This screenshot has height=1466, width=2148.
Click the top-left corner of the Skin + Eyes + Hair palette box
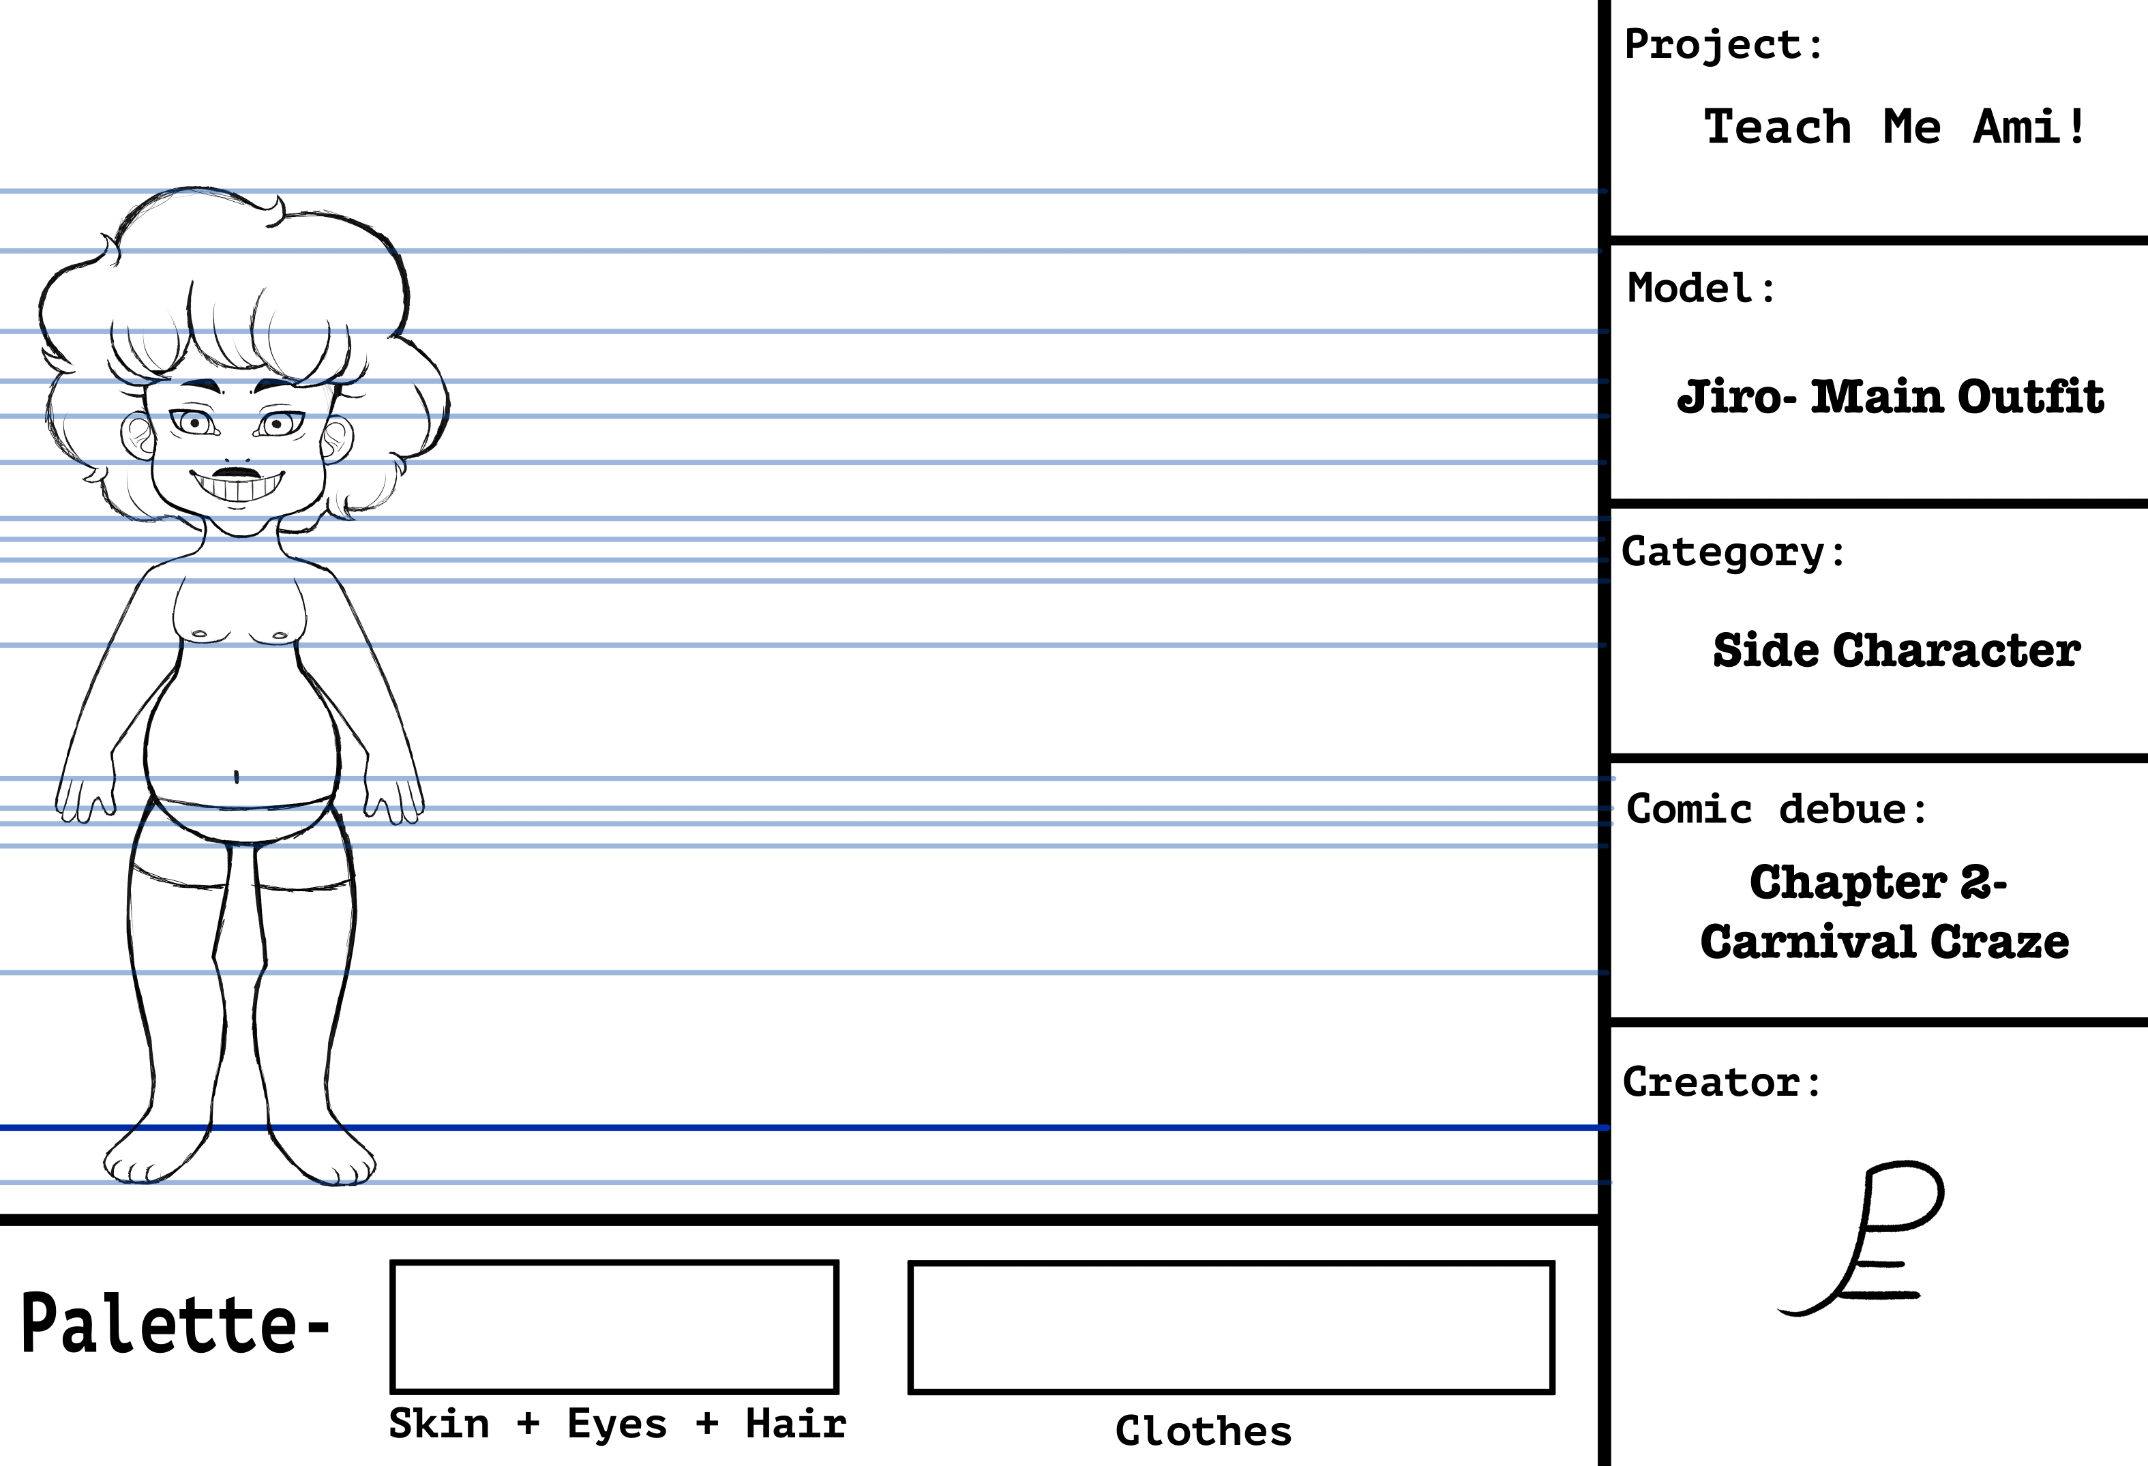click(x=392, y=1261)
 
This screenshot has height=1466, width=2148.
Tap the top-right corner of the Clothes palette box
click(x=1553, y=1263)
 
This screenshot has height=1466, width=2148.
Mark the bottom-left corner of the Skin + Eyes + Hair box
click(x=392, y=1391)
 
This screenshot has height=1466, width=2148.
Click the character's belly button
click(x=237, y=777)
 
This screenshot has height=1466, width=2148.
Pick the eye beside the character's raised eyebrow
click(x=275, y=424)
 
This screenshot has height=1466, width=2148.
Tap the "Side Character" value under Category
click(x=1896, y=650)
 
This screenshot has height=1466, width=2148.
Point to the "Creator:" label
click(x=1722, y=1081)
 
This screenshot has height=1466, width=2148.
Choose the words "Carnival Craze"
click(x=1885, y=942)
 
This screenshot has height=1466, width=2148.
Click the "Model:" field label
click(x=1701, y=288)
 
